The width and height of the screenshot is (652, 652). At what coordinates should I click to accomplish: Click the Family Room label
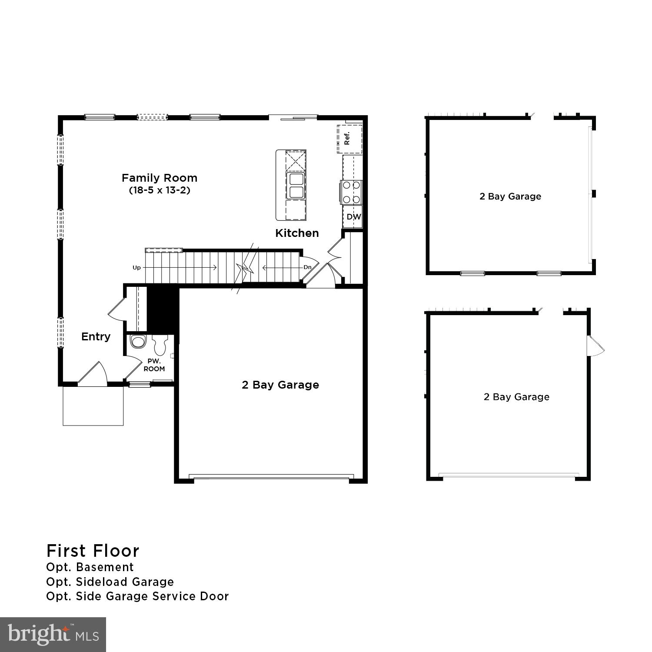pos(159,178)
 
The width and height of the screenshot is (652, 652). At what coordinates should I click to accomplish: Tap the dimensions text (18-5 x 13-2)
pos(160,190)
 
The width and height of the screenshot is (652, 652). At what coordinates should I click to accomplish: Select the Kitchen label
pos(297,233)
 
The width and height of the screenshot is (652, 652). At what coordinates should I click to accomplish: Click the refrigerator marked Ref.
pos(349,139)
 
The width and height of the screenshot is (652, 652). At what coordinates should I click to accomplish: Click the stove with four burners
pos(352,192)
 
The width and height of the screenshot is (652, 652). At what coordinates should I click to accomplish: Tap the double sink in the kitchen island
pos(296,185)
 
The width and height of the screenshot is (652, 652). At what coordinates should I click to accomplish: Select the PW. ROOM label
pos(154,365)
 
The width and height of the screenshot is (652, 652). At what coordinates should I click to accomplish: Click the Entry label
pos(96,336)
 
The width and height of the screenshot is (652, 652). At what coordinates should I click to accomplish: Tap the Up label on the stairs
pos(136,268)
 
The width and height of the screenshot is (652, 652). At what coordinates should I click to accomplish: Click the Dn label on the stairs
pos(307,267)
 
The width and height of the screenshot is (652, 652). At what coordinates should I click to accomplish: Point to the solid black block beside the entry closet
pos(163,309)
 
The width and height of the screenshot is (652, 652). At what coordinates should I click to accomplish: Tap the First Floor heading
pos(93,551)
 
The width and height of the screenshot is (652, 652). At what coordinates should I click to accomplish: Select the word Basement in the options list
pos(105,567)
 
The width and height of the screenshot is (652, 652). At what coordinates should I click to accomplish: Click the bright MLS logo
pos(53,634)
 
